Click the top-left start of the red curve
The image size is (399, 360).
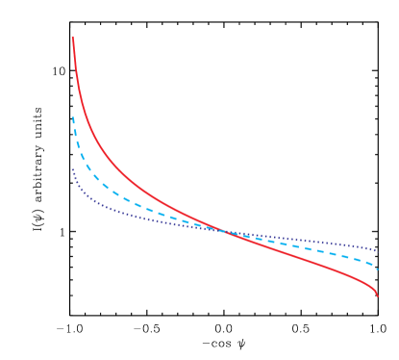click(73, 39)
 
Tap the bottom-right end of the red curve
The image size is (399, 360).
click(378, 296)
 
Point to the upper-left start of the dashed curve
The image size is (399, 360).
click(73, 118)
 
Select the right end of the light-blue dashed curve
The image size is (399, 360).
click(377, 269)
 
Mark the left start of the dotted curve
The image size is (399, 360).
click(72, 170)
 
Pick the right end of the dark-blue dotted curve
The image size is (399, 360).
click(377, 250)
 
